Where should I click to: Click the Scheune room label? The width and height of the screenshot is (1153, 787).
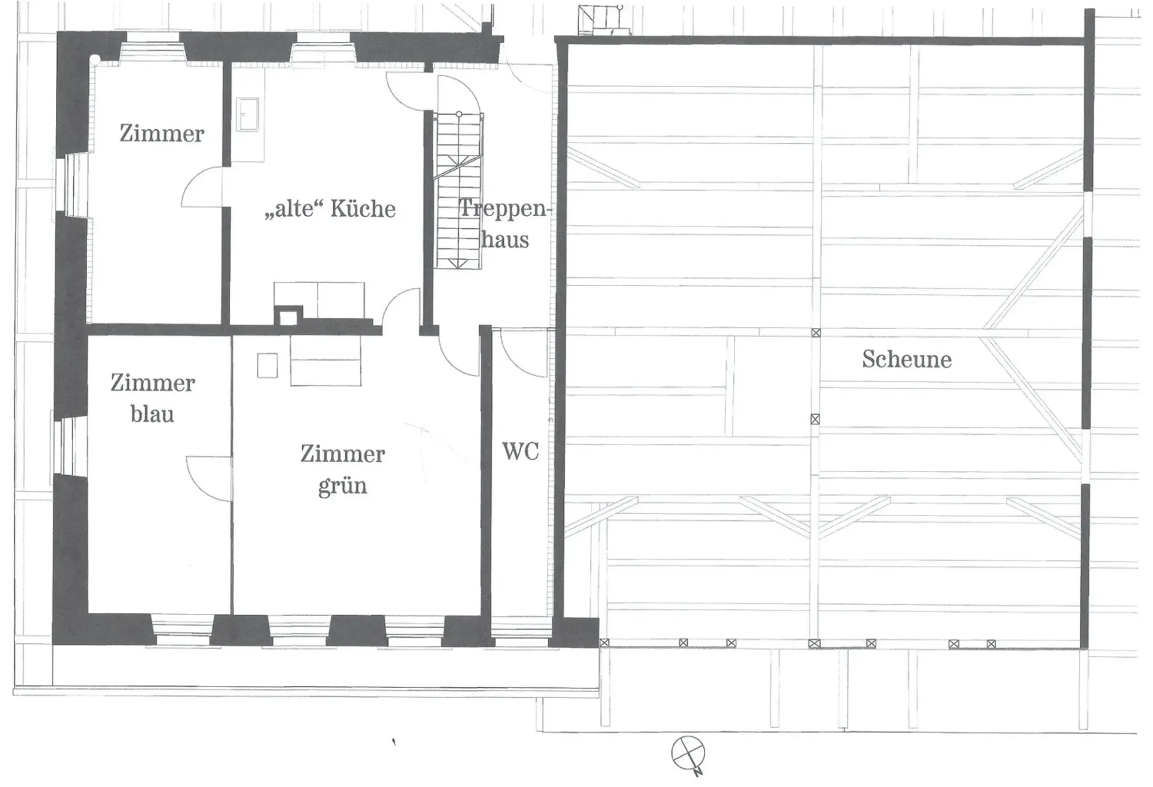907,359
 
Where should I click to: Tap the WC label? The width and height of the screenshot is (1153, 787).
520,451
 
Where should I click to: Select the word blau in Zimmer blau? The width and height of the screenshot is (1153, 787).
153,414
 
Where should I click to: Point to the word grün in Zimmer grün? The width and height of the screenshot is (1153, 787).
342,486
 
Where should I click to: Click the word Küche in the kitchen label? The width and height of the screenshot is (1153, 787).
363,208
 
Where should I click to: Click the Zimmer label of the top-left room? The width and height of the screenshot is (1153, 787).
162,133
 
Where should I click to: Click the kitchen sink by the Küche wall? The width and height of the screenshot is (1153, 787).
248,114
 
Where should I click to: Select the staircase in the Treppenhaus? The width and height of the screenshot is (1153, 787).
459,189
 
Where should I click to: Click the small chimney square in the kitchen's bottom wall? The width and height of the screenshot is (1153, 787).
288,316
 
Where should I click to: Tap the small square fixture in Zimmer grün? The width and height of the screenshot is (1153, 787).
267,366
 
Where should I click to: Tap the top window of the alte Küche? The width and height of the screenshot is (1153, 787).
324,47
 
